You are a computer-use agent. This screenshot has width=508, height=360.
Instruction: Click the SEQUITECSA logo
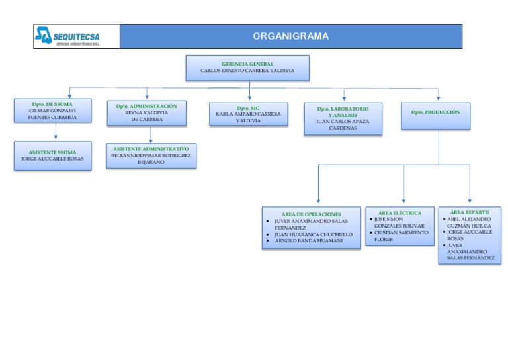click(x=76, y=36)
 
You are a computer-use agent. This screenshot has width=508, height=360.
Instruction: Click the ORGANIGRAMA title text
click(x=290, y=36)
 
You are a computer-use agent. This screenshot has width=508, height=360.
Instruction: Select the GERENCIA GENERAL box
click(x=247, y=67)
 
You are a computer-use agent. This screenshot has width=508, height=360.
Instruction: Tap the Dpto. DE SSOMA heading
click(x=52, y=104)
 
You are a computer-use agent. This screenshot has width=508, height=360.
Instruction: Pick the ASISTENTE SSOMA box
click(x=52, y=156)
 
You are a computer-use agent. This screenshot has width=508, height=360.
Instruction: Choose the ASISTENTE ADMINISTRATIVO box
click(x=151, y=156)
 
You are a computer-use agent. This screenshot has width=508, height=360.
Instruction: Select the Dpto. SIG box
click(x=248, y=114)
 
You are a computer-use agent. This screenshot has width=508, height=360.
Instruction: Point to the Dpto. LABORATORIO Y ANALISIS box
click(x=343, y=118)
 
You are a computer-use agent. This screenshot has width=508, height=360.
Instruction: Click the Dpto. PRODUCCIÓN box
click(x=435, y=115)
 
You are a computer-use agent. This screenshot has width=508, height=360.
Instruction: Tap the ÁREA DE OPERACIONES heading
click(x=311, y=214)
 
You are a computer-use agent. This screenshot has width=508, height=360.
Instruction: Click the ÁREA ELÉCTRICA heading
click(x=400, y=213)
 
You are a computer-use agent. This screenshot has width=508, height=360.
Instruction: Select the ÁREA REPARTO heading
click(x=470, y=212)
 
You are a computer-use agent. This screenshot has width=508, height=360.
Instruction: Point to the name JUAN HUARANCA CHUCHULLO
click(x=313, y=234)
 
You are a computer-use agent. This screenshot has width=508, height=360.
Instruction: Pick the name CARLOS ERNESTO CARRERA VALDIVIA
click(x=247, y=70)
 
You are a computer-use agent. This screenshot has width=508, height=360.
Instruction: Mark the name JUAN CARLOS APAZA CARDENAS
click(x=343, y=124)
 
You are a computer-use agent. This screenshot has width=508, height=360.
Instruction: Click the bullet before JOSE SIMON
click(x=371, y=219)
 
